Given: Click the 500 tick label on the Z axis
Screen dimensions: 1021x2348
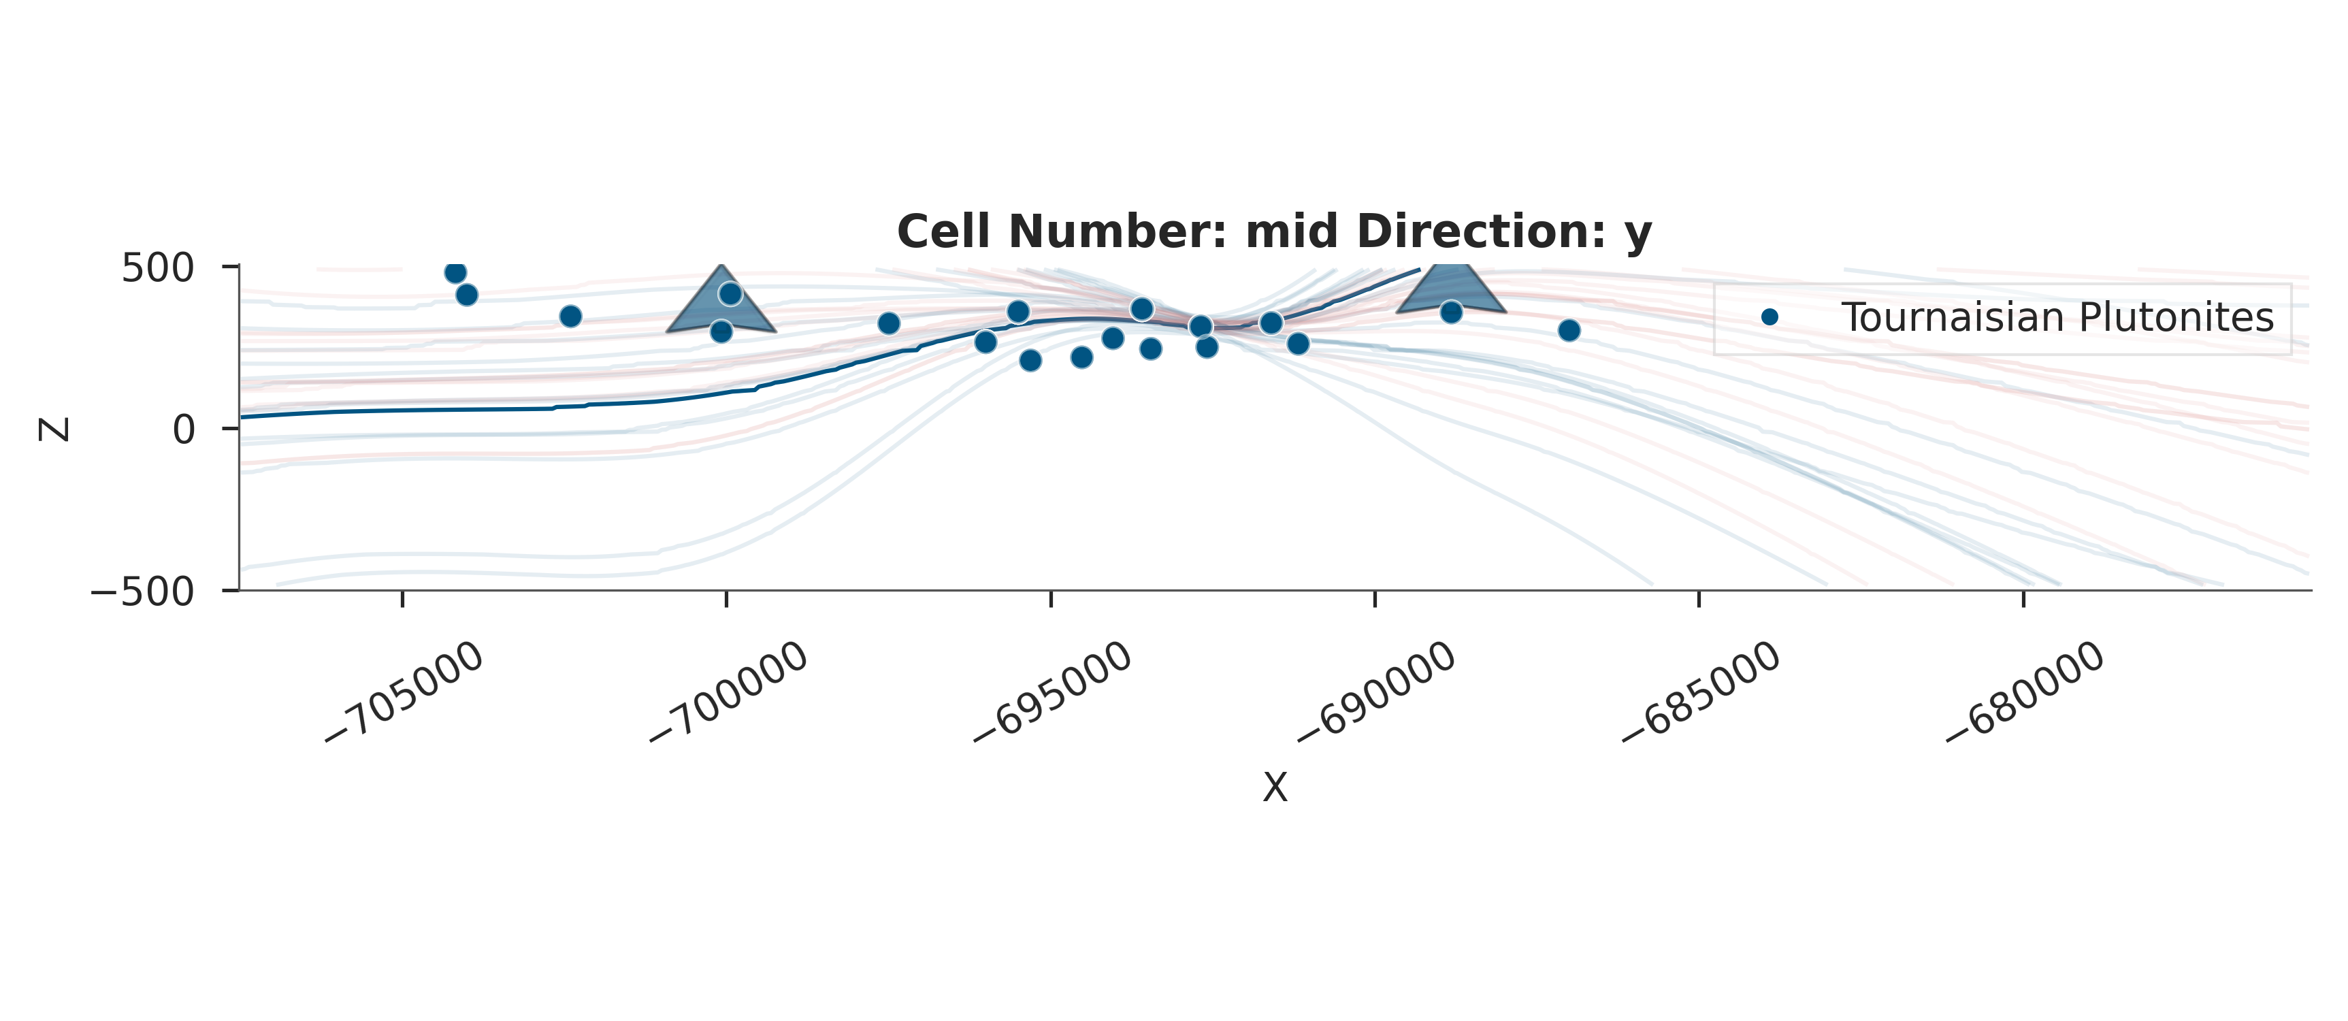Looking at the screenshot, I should [158, 268].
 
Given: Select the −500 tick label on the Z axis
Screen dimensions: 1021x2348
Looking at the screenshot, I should [143, 593].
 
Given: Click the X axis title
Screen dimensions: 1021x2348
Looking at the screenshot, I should [1274, 788].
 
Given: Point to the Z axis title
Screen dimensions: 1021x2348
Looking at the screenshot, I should [54, 430].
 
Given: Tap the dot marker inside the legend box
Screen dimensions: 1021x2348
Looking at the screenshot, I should [1770, 317].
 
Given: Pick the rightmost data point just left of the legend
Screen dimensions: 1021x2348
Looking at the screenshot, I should [1569, 330].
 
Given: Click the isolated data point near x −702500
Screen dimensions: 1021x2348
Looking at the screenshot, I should [570, 317].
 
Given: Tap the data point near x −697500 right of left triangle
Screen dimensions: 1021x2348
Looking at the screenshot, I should [889, 323].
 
